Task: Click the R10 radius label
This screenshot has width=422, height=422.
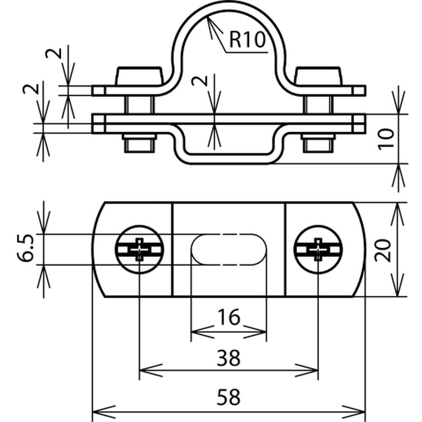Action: click(x=247, y=40)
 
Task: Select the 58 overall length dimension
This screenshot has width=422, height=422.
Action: click(x=228, y=397)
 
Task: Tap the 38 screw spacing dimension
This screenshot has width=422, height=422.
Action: click(x=228, y=358)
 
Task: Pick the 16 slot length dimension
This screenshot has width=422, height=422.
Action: click(x=228, y=317)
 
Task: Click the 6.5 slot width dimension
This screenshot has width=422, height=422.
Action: click(x=26, y=248)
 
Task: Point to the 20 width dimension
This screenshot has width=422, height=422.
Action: click(x=383, y=250)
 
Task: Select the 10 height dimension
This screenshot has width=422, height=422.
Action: click(x=386, y=139)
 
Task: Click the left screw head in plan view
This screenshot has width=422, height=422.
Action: click(x=139, y=249)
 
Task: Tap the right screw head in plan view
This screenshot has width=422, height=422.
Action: click(x=318, y=249)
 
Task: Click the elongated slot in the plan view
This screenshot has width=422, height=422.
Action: click(x=229, y=249)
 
